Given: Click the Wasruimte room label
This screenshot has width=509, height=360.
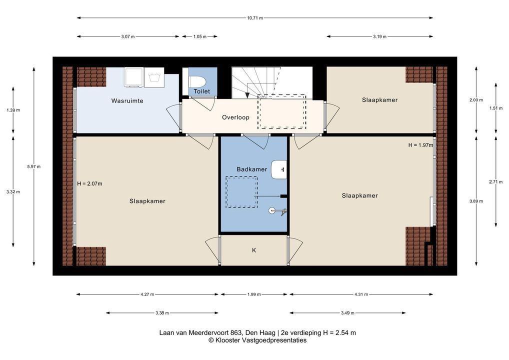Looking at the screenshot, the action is (x=127, y=100).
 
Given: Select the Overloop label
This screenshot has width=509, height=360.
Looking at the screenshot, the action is (x=235, y=117).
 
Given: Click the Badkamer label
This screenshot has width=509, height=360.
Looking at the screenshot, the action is (x=251, y=169).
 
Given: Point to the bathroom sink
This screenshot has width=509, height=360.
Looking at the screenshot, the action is (x=279, y=169).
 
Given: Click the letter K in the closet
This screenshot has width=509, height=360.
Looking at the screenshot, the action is (x=254, y=250).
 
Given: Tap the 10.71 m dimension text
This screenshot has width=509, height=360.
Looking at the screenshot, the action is (x=255, y=18).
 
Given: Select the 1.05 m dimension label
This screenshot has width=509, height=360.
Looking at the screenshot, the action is (x=199, y=36).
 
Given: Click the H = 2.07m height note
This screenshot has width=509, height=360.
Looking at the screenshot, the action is (x=89, y=183).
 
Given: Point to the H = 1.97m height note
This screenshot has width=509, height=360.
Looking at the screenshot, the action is (x=420, y=145).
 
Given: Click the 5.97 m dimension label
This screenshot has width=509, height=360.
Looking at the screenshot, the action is (x=34, y=166).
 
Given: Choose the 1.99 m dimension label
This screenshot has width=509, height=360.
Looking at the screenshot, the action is (x=254, y=294).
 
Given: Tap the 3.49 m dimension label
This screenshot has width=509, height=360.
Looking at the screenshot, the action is (x=347, y=313).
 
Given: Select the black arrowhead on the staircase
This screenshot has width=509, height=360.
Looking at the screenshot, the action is (x=247, y=95).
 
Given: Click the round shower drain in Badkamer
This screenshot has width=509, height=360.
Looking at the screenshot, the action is (x=272, y=210).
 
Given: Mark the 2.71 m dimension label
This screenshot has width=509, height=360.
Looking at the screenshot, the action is (x=495, y=182).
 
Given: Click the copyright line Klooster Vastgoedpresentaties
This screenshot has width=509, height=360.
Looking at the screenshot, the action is (x=257, y=340).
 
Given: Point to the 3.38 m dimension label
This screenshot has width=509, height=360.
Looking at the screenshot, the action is (x=162, y=313).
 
